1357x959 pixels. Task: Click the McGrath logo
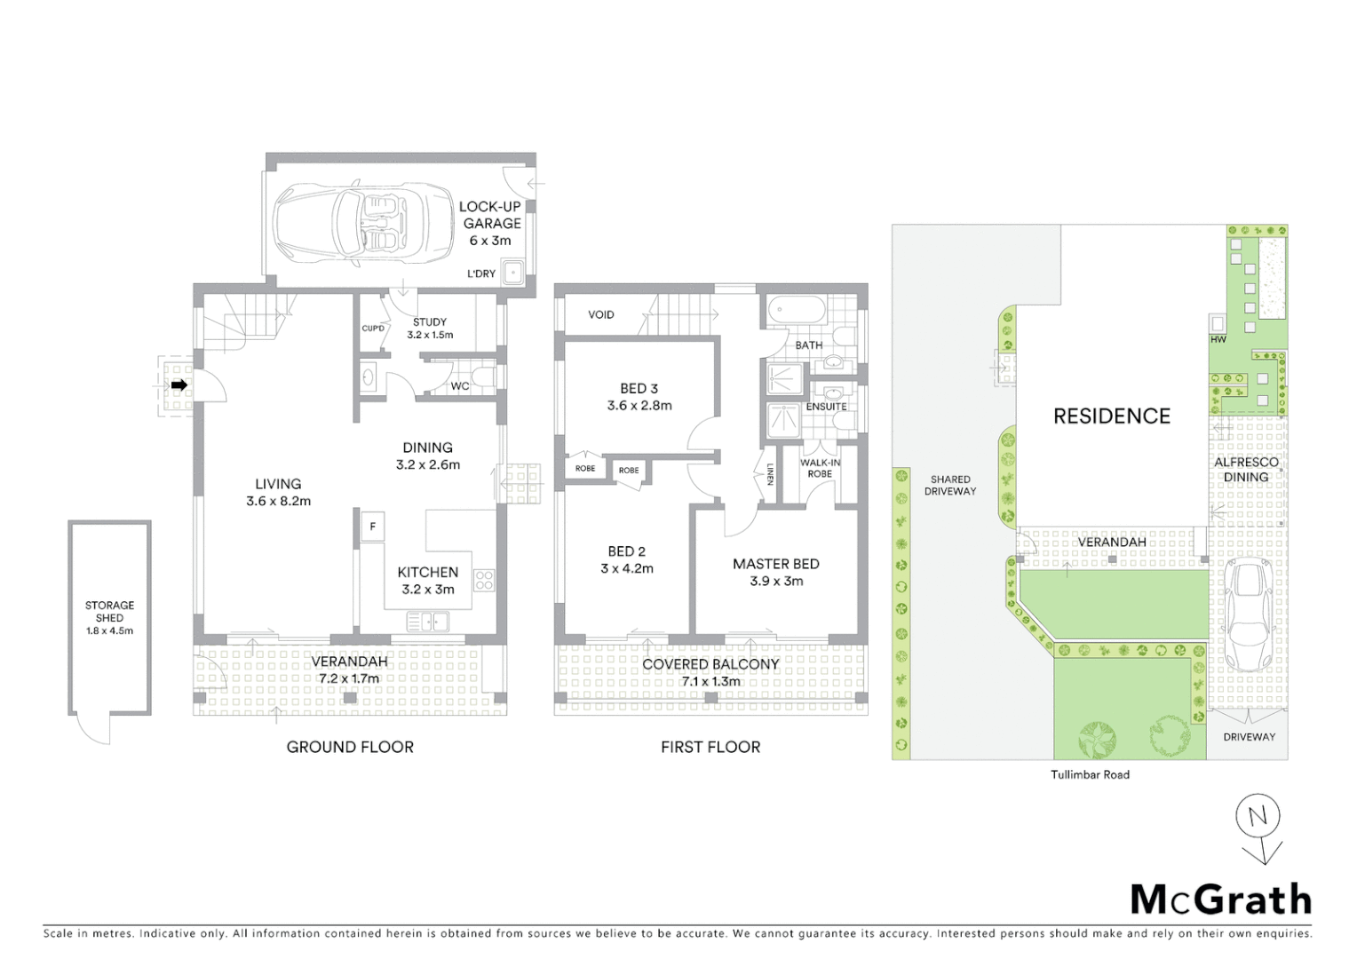click(1220, 900)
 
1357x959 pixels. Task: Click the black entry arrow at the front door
click(179, 385)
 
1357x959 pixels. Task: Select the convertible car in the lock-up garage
click(360, 226)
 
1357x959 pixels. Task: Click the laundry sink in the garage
click(512, 272)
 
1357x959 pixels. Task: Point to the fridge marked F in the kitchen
click(372, 527)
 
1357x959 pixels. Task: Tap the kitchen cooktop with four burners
click(484, 581)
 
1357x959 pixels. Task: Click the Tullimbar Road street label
click(1090, 774)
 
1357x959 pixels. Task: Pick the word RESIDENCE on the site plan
click(1111, 416)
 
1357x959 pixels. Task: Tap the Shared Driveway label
click(949, 485)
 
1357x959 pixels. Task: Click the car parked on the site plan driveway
click(1247, 614)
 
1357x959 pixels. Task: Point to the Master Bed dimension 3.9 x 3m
click(775, 581)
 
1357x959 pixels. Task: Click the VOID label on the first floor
click(601, 314)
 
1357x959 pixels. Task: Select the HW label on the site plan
click(1218, 339)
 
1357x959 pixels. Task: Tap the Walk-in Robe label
click(819, 468)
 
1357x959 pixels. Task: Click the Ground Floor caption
click(350, 747)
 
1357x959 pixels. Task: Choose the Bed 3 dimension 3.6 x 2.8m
click(639, 405)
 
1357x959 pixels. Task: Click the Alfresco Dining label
click(1246, 469)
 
